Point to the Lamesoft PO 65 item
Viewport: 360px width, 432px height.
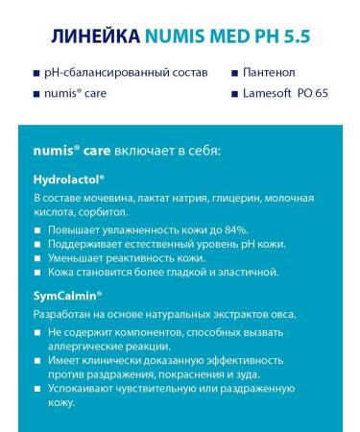pos(287,93)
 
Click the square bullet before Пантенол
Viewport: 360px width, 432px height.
pos(235,73)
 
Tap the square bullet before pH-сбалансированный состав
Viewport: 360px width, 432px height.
pos(36,73)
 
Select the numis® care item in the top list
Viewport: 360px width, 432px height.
pos(76,93)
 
